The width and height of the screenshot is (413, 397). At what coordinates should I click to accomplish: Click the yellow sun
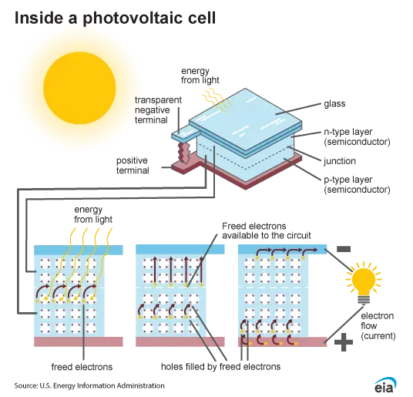(x=79, y=88)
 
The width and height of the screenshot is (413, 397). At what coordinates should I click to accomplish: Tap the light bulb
(x=364, y=283)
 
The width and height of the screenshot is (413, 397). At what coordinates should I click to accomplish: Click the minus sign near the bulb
(x=344, y=249)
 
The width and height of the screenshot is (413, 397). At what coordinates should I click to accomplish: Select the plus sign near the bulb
(x=344, y=342)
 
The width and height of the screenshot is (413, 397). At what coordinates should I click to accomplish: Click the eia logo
(x=385, y=385)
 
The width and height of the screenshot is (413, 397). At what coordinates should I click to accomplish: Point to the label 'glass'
(x=334, y=104)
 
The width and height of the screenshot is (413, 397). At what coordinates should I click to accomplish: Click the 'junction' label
(x=340, y=161)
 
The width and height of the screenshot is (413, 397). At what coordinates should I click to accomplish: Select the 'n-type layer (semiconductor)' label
(x=357, y=136)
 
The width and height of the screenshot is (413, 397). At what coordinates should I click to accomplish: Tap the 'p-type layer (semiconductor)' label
(x=357, y=184)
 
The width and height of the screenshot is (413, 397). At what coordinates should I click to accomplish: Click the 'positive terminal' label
(x=133, y=166)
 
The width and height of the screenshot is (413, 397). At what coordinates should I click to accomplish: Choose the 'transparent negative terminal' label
(x=158, y=110)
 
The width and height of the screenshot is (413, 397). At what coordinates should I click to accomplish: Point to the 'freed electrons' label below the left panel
(x=82, y=367)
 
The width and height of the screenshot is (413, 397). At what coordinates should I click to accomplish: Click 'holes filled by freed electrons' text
(x=220, y=366)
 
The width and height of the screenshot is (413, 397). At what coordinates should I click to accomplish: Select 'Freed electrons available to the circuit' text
(x=267, y=230)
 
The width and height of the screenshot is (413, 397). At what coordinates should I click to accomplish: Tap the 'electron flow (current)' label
(x=378, y=326)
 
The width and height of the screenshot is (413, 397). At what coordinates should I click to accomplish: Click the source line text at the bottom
(x=89, y=385)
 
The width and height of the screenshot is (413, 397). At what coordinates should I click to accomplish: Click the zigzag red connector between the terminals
(x=184, y=153)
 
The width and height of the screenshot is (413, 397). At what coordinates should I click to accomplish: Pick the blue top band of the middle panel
(x=180, y=250)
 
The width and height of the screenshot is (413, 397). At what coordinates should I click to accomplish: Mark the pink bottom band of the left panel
(x=79, y=341)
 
